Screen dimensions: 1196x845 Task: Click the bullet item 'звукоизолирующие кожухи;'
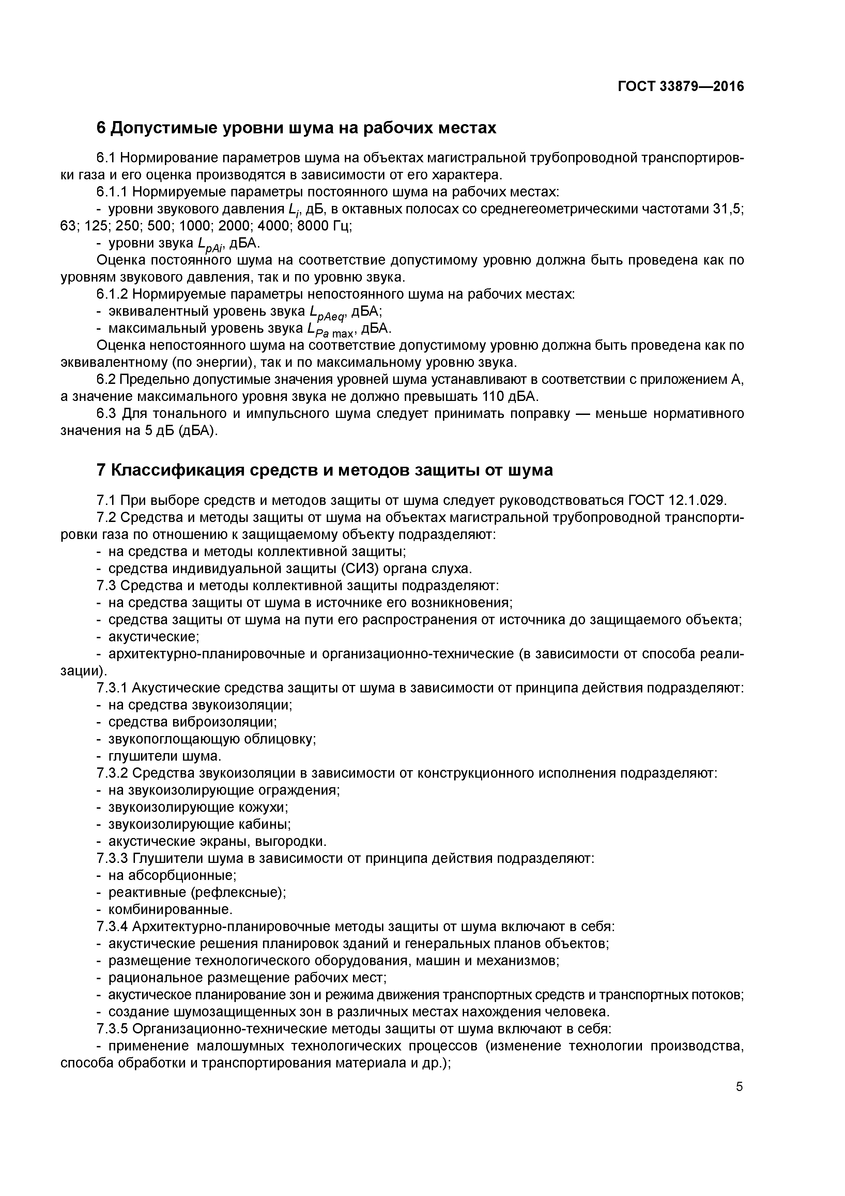coord(198,807)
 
